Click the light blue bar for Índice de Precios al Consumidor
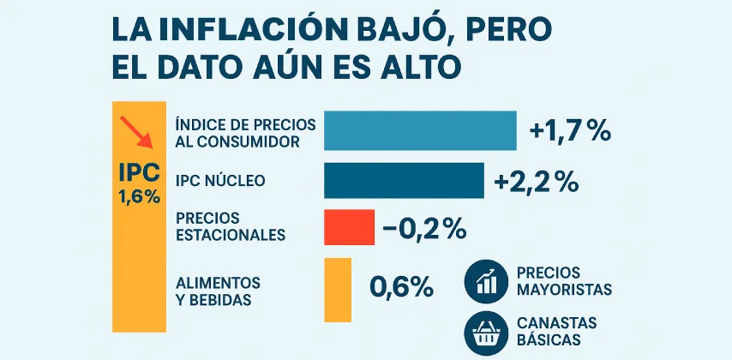(420, 131)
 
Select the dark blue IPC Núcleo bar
(404, 180)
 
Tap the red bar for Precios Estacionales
(349, 227)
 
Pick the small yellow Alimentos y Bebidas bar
(338, 291)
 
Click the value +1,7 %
(569, 131)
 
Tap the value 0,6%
(401, 287)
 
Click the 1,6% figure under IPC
(139, 196)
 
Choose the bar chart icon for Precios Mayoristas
(486, 281)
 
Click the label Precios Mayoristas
(564, 281)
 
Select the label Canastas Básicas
(557, 331)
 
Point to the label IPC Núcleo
(220, 181)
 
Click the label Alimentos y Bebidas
(218, 291)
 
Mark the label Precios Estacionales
(230, 226)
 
